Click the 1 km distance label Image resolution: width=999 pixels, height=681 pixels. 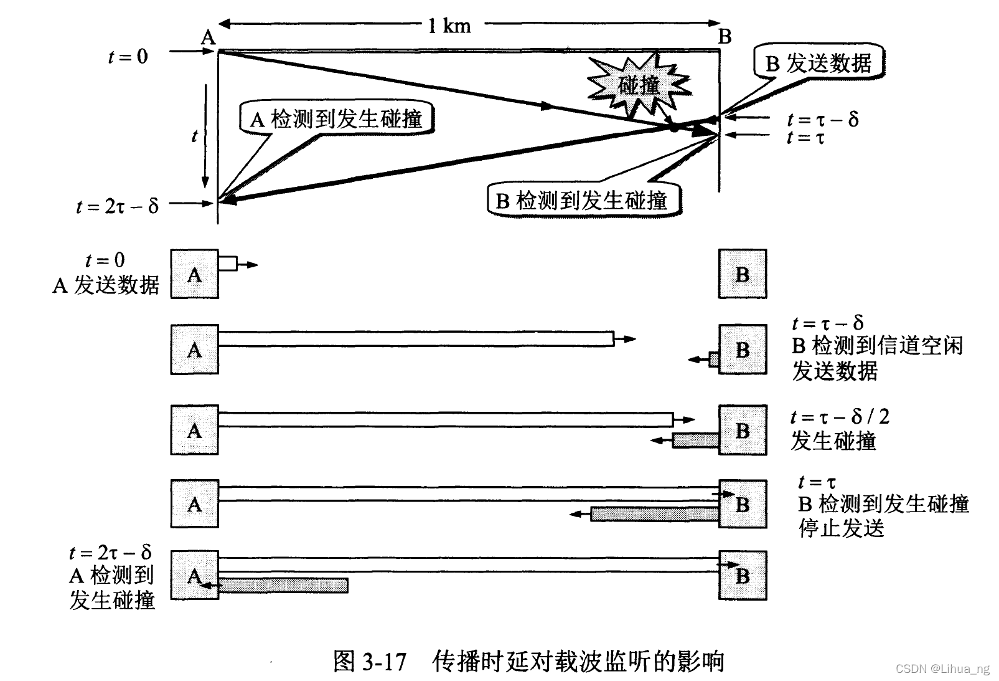pos(449,26)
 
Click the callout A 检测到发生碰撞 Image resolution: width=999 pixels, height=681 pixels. pos(336,119)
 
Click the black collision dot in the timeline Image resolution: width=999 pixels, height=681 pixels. pos(673,127)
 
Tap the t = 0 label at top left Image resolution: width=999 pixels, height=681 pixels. pos(128,57)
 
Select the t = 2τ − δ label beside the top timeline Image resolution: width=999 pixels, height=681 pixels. pos(117,205)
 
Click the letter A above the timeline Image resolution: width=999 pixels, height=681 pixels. pos(208,37)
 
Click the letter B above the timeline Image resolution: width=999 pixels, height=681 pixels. pos(725,37)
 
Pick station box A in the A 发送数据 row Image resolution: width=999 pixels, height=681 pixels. pos(195,274)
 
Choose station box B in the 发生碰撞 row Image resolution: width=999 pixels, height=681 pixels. pos(743,430)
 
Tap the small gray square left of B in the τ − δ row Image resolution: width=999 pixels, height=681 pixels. pos(714,360)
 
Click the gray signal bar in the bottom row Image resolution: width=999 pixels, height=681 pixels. pos(283,585)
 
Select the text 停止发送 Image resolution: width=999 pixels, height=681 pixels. pos(842,528)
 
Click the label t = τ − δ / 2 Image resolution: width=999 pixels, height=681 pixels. pos(840,417)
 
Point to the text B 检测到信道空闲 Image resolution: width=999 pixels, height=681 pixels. pos(877,346)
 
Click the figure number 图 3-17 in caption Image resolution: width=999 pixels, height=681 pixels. pos(370,660)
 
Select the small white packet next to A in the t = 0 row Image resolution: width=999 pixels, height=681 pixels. pos(228,264)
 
